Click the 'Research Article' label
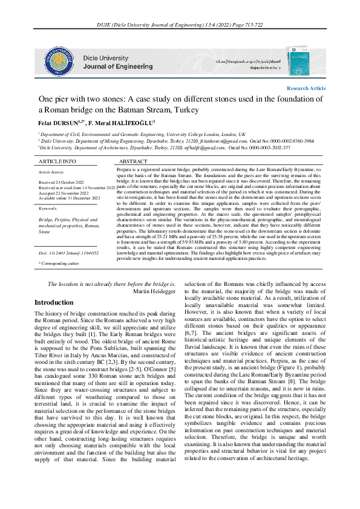pyautogui.click(x=306, y=88)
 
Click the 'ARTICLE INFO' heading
pyautogui.click(x=57, y=162)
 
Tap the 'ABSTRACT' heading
pyautogui.click(x=133, y=162)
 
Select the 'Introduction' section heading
pyautogui.click(x=54, y=302)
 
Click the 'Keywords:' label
pyautogui.click(x=48, y=208)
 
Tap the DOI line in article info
pyautogui.click(x=68, y=253)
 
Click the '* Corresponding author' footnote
pyautogui.click(x=59, y=264)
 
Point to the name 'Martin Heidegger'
pyautogui.click(x=154, y=291)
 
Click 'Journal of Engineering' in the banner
pyautogui.click(x=117, y=66)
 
